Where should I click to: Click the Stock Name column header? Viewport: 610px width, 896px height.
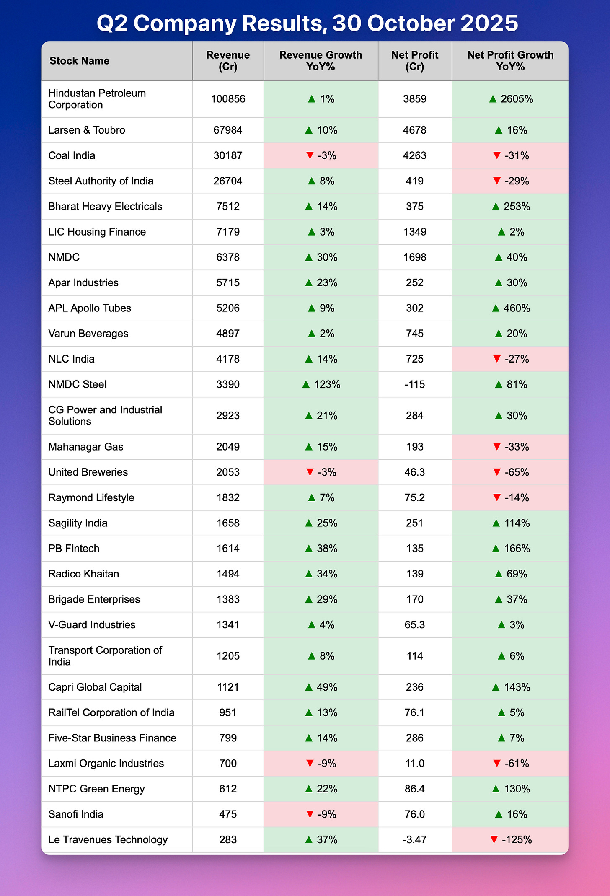pos(79,61)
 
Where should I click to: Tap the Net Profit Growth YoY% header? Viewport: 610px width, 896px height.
pos(510,61)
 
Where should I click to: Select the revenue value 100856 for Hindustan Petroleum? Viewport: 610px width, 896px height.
pos(228,99)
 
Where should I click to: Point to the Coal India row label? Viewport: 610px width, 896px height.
pos(72,155)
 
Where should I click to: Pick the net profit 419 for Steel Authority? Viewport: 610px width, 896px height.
pos(414,181)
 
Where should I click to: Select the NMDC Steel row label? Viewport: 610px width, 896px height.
pos(78,384)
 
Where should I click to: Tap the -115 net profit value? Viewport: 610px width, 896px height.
pos(414,384)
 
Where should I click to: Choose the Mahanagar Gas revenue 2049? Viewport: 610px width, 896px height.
pos(228,447)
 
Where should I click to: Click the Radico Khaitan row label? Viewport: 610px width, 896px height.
pos(84,574)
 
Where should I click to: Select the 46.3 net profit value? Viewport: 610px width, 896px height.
pos(414,472)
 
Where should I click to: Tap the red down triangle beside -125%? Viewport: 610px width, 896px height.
pos(494,840)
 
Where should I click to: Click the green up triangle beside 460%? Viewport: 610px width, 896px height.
pos(496,308)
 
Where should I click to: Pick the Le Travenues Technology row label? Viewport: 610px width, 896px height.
pos(108,840)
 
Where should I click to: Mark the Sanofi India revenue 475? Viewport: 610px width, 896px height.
pos(228,814)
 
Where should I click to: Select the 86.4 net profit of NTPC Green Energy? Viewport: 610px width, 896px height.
pos(414,789)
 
